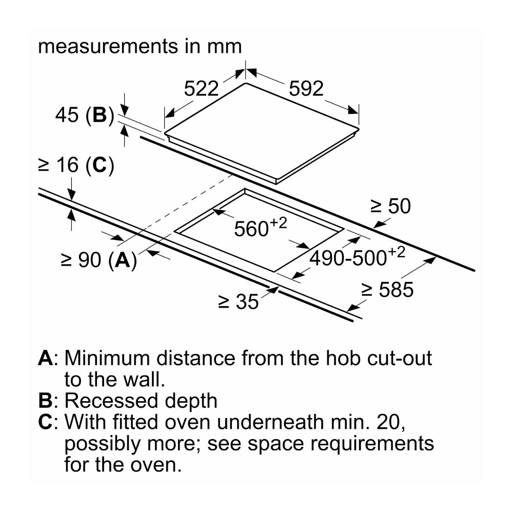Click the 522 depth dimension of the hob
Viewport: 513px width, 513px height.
tap(201, 88)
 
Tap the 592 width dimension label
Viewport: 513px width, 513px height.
tap(306, 88)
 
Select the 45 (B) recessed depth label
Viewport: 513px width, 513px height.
tap(85, 115)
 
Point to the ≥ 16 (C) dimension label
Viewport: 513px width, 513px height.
tap(76, 165)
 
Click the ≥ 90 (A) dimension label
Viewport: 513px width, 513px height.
tap(99, 260)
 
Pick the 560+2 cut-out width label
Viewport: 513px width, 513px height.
tap(261, 227)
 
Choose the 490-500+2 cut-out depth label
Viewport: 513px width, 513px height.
tap(357, 256)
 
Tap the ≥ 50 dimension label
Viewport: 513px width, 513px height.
tap(390, 206)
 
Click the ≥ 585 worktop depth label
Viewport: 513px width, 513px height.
tap(387, 290)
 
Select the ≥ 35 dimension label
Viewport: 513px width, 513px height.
tap(239, 302)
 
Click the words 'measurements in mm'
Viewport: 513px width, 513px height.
tap(140, 46)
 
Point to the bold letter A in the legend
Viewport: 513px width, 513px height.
tap(46, 358)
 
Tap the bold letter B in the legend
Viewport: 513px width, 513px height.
tap(45, 401)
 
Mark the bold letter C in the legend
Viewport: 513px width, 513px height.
tap(45, 422)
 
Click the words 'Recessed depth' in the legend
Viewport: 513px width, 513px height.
tap(141, 401)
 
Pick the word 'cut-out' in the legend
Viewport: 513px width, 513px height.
tap(400, 358)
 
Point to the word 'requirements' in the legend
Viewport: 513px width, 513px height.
tap(372, 444)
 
